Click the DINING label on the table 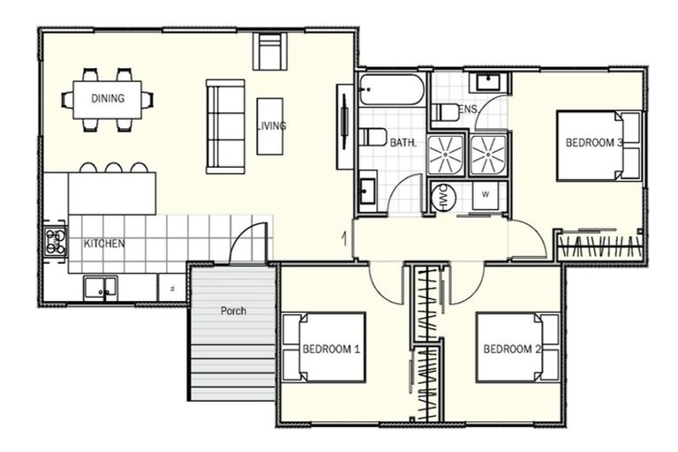pyautogui.click(x=108, y=99)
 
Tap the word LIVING pyautogui.click(x=272, y=126)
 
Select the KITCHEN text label pyautogui.click(x=104, y=244)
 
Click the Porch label pyautogui.click(x=233, y=311)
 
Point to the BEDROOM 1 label pyautogui.click(x=331, y=349)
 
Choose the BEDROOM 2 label pyautogui.click(x=512, y=349)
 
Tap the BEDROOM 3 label pyautogui.click(x=594, y=142)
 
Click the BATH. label pyautogui.click(x=403, y=142)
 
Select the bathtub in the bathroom pyautogui.click(x=392, y=89)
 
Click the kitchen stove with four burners pyautogui.click(x=56, y=241)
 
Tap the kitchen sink pyautogui.click(x=101, y=288)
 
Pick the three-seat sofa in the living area pyautogui.click(x=225, y=126)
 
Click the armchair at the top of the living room pyautogui.click(x=270, y=51)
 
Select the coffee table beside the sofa pyautogui.click(x=270, y=126)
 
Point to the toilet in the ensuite pyautogui.click(x=447, y=113)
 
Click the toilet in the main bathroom pyautogui.click(x=373, y=137)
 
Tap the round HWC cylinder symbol pyautogui.click(x=444, y=197)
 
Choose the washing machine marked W pyautogui.click(x=486, y=195)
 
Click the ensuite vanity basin pyautogui.click(x=488, y=82)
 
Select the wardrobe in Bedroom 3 pyautogui.click(x=600, y=247)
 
